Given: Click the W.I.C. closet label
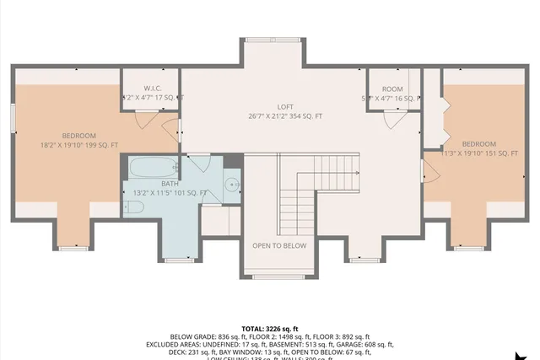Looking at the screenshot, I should pyautogui.click(x=153, y=88).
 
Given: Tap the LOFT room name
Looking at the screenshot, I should pyautogui.click(x=285, y=106).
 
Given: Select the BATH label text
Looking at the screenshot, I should pyautogui.click(x=170, y=183).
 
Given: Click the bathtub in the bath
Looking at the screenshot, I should pyautogui.click(x=153, y=166).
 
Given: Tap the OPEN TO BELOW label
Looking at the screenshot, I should pyautogui.click(x=279, y=245).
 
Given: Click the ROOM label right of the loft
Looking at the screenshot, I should pyautogui.click(x=392, y=89).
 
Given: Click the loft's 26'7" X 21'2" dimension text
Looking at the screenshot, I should pyautogui.click(x=285, y=116).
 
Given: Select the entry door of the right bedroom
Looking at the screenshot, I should pyautogui.click(x=429, y=175).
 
